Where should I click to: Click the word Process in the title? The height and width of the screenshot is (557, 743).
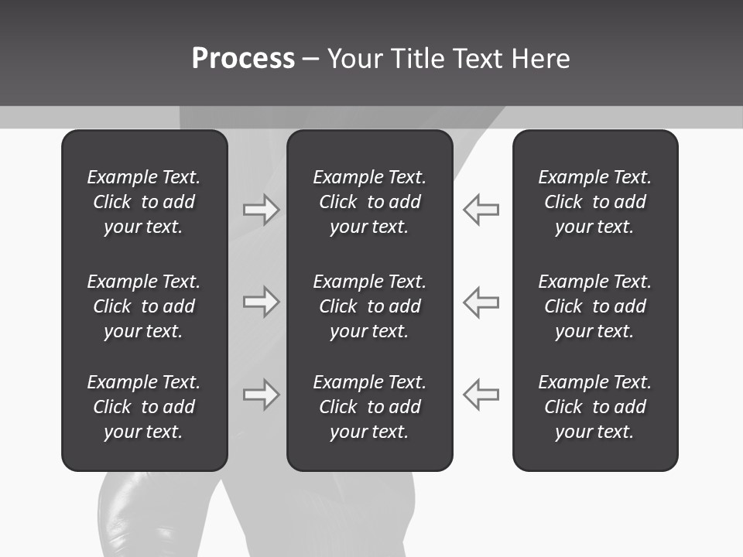(x=243, y=59)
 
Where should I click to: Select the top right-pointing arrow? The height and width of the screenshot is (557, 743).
(x=261, y=210)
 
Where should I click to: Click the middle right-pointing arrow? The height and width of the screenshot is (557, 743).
(x=261, y=302)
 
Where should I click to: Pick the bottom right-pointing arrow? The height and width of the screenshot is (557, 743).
(x=261, y=394)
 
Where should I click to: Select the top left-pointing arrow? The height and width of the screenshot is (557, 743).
(x=481, y=210)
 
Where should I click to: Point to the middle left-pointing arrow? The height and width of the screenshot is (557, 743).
(x=481, y=302)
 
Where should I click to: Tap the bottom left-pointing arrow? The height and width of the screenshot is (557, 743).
(x=481, y=394)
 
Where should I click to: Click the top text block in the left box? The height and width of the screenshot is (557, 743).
(x=144, y=202)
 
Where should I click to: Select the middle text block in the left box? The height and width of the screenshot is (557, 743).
(x=144, y=306)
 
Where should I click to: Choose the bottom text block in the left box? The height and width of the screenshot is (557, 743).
(x=144, y=407)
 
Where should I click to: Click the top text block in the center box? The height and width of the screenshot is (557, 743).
(x=369, y=202)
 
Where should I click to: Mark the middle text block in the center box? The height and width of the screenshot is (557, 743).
(x=369, y=306)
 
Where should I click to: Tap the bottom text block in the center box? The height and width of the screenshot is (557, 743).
(x=369, y=407)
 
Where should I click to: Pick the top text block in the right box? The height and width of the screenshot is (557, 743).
(x=594, y=202)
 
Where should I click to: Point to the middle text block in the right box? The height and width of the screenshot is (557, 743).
(x=594, y=306)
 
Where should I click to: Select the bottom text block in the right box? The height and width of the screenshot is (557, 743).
(x=594, y=407)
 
